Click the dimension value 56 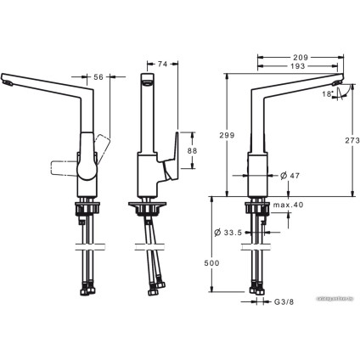pyautogui.click(x=98, y=76)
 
